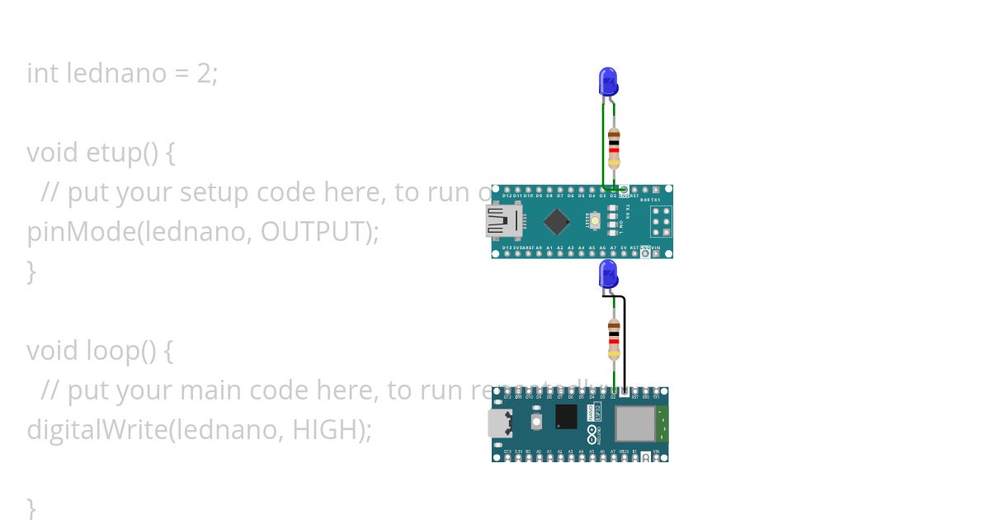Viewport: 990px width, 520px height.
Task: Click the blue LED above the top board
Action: point(608,82)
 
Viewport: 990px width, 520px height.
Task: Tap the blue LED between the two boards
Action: point(608,273)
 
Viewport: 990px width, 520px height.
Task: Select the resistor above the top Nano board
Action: point(613,149)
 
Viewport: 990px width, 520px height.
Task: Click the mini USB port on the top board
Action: point(500,221)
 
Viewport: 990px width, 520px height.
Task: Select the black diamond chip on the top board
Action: point(559,221)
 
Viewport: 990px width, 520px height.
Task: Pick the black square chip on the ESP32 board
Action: point(567,417)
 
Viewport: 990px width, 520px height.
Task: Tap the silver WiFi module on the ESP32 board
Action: point(634,423)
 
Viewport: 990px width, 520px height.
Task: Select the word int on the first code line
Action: point(43,73)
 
